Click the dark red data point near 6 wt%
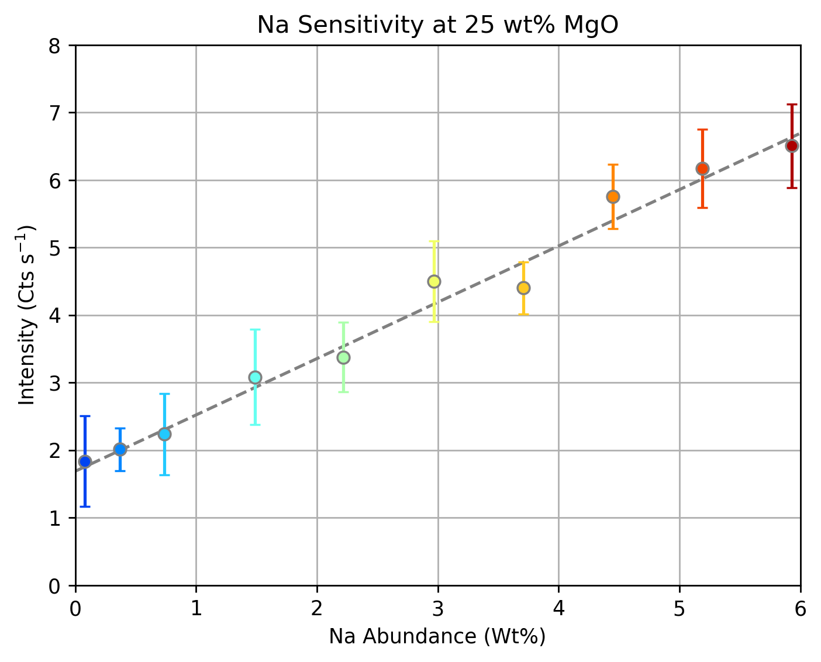792,146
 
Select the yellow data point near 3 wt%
434,281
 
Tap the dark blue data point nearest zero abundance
85,461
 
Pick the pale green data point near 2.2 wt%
344,357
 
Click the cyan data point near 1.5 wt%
255,377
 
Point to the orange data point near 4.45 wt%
613,196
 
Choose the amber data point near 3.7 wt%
523,288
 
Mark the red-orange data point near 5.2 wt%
702,168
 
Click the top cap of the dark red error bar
792,105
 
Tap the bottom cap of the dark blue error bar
85,506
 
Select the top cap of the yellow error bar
434,241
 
